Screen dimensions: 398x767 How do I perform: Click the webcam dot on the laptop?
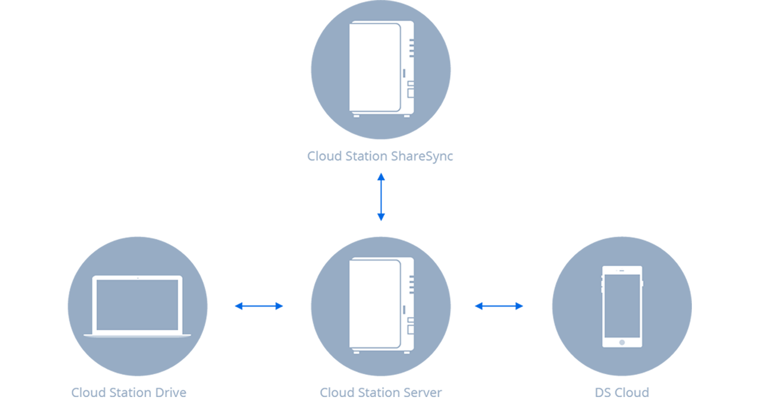click(x=137, y=278)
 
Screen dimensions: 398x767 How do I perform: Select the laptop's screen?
click(x=137, y=305)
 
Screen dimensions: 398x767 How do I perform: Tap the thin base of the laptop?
click(x=137, y=335)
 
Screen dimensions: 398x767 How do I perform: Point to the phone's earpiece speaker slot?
click(x=621, y=271)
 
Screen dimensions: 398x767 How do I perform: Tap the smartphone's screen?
click(x=622, y=306)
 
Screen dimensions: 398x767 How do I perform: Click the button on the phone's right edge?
click(x=643, y=283)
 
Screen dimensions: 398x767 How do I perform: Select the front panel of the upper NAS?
click(x=373, y=67)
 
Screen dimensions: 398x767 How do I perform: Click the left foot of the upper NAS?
click(x=356, y=117)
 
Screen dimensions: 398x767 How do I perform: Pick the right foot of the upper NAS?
click(x=407, y=117)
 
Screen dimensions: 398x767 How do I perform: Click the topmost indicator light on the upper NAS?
click(x=411, y=40)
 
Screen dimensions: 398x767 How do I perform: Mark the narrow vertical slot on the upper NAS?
click(x=404, y=73)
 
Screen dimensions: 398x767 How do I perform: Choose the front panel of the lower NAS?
click(x=373, y=303)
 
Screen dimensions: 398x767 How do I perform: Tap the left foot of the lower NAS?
click(x=356, y=353)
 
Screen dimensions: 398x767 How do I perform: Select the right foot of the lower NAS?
click(x=407, y=353)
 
